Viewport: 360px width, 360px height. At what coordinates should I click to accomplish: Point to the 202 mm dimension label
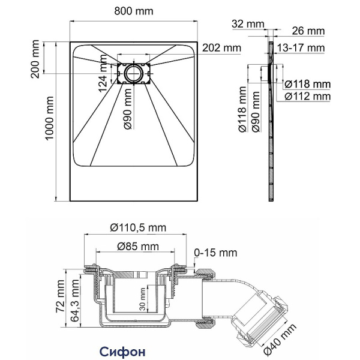coord(221,47)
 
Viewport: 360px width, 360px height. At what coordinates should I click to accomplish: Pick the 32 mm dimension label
coord(247,24)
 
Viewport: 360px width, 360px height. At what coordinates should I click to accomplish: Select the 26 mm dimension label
coord(309,31)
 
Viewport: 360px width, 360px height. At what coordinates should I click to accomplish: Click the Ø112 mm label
coord(307,95)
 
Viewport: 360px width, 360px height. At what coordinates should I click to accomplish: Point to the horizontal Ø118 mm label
coord(307,83)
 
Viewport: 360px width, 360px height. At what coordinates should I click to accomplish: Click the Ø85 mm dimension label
coord(137,247)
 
